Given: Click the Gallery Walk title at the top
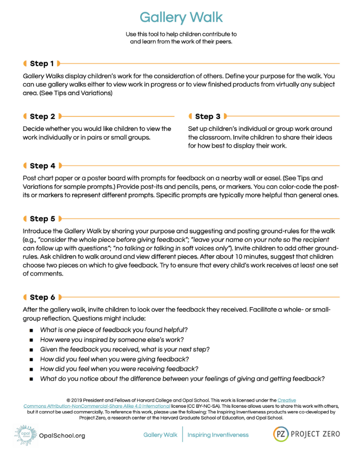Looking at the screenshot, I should tap(181, 18).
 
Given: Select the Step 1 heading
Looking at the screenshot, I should tap(42, 63).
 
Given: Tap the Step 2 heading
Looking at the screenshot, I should tap(42, 116).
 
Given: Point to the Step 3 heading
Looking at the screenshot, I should tap(208, 116).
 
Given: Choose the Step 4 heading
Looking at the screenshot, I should tap(42, 166).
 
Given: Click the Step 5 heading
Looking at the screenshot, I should tap(42, 219).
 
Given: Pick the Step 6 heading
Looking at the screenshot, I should tap(42, 297).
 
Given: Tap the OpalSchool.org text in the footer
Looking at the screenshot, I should tap(62, 436).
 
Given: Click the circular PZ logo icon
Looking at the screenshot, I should tap(280, 434).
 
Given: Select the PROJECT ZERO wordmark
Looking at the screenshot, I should tap(315, 434).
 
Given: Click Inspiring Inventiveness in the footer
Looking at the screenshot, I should tap(218, 435).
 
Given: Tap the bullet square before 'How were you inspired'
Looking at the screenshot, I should tap(31, 340).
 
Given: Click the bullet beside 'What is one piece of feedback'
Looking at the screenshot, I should tap(31, 330).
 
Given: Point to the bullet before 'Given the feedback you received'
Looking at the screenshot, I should tap(31, 349).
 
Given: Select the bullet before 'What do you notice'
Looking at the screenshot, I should tap(31, 379).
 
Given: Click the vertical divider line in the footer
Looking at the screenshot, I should tap(183, 435).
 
